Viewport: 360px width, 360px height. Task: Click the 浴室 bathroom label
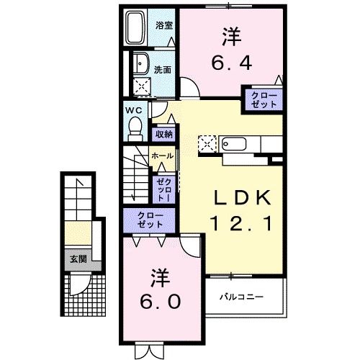164,25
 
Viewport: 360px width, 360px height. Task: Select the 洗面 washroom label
163,70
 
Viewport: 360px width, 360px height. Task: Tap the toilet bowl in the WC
134,127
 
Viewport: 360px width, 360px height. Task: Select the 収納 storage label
163,134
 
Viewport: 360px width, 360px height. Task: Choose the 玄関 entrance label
78,259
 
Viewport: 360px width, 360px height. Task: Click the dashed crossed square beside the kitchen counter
207,143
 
